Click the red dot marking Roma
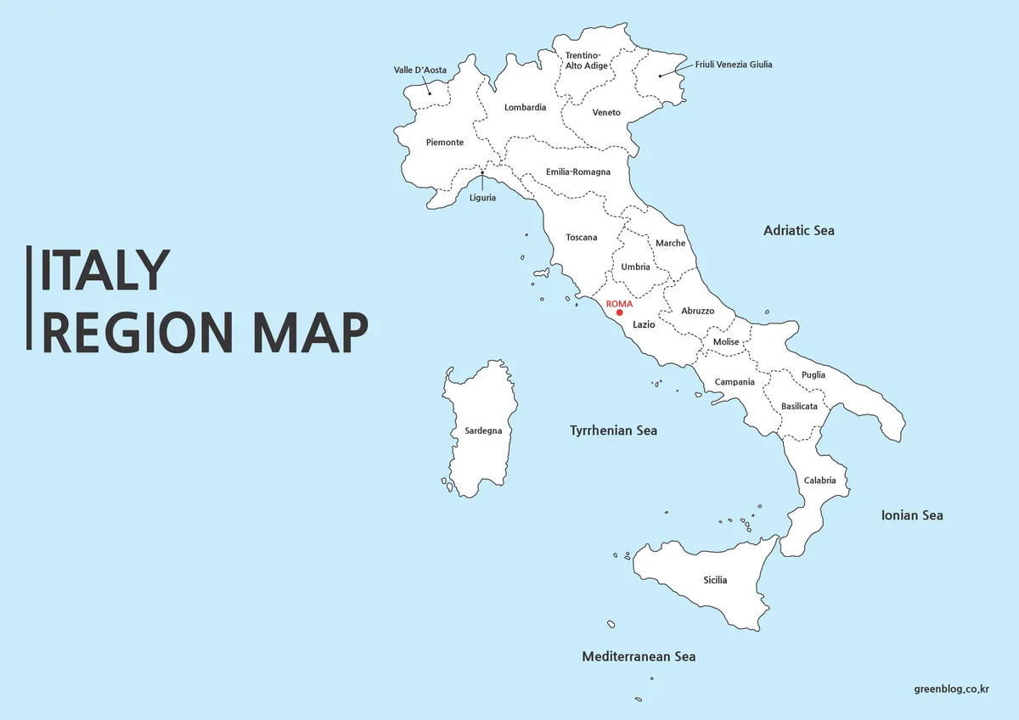(x=619, y=313)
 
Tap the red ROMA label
(x=619, y=303)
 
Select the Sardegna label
(x=483, y=430)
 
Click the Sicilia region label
(x=715, y=580)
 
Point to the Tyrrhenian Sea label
(x=613, y=430)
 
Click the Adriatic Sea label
(x=798, y=230)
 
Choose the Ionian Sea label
(x=912, y=515)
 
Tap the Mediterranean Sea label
(x=639, y=656)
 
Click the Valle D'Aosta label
(x=420, y=70)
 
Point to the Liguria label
(x=482, y=199)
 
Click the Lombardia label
(x=525, y=108)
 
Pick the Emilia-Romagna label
(x=577, y=172)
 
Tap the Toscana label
(x=582, y=238)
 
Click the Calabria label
(x=819, y=481)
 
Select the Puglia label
(x=813, y=374)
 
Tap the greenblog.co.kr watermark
(x=953, y=690)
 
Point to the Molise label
(x=726, y=342)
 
